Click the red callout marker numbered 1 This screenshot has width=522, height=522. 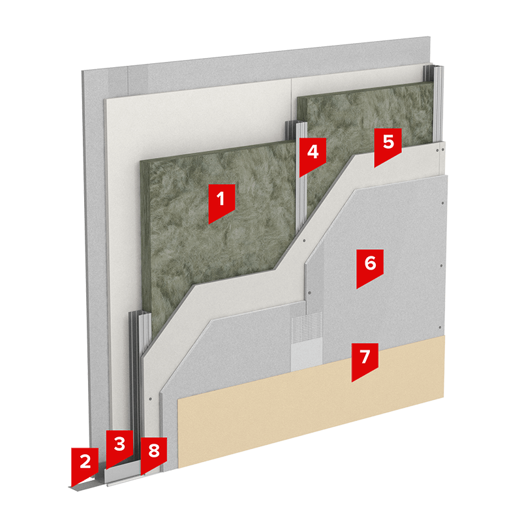point(221,202)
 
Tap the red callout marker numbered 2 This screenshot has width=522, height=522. point(85,465)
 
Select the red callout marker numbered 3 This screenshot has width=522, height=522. point(119,447)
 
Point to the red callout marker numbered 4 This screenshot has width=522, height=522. point(313,156)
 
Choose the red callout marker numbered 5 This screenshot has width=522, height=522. point(388,146)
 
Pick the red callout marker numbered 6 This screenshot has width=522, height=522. point(370,267)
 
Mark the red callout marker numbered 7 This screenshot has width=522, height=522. point(365,361)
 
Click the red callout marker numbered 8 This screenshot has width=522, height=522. point(153,454)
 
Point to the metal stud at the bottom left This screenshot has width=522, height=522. point(139,383)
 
